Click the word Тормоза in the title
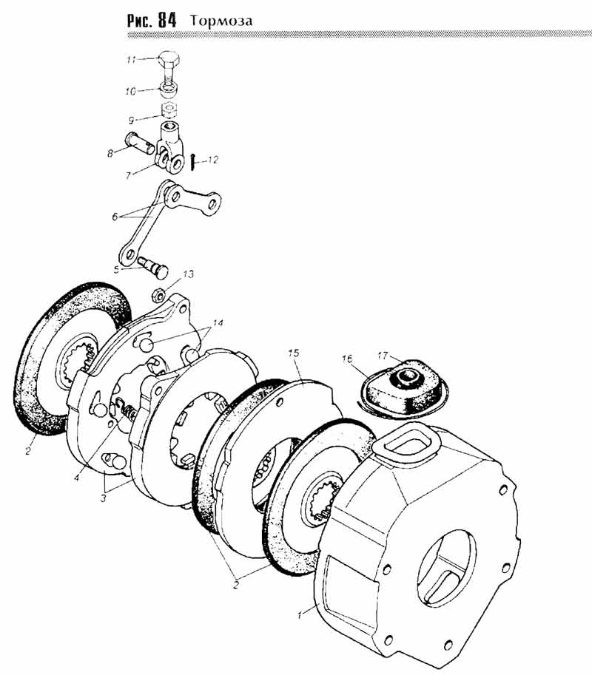[x=221, y=21]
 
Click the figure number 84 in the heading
[x=167, y=20]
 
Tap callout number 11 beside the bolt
[x=132, y=59]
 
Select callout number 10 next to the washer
[x=130, y=91]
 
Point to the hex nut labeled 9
[x=169, y=110]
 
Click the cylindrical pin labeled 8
[x=140, y=143]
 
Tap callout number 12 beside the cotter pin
[x=213, y=160]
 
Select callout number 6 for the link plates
[x=115, y=217]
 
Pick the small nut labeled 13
[x=158, y=295]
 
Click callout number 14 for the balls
[x=218, y=322]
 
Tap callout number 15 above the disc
[x=294, y=353]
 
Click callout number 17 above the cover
[x=383, y=356]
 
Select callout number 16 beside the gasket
[x=347, y=359]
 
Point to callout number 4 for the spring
[x=76, y=478]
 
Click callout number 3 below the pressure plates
[x=103, y=498]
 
